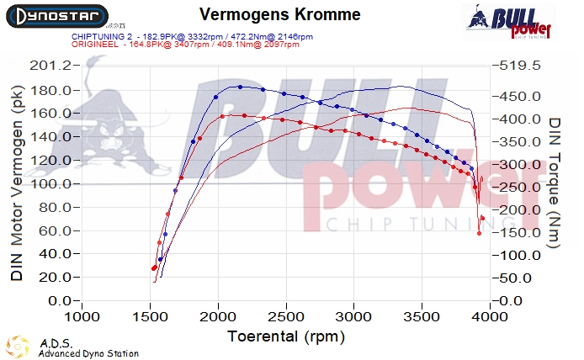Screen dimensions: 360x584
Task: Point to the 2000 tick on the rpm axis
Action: pyautogui.click(x=218, y=317)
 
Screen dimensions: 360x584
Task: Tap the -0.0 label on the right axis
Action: pyautogui.click(x=512, y=300)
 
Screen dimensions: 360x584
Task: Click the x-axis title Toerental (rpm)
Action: pyautogui.click(x=286, y=336)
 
